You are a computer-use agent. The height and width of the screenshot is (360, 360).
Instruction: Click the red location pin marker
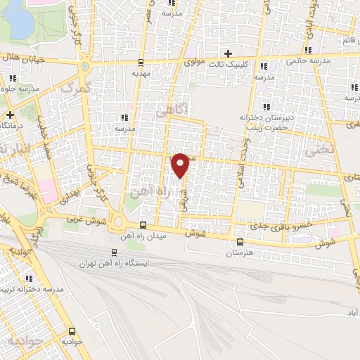pyautogui.click(x=180, y=165)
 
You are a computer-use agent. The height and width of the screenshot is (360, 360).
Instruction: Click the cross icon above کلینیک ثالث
pyautogui.click(x=227, y=54)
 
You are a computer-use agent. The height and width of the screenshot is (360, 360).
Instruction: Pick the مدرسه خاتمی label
pyautogui.click(x=308, y=60)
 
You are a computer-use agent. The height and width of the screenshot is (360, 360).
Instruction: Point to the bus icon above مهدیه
pyautogui.click(x=141, y=62)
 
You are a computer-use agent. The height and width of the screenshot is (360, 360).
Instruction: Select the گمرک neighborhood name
pyautogui.click(x=76, y=88)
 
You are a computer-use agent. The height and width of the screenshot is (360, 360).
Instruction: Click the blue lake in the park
pyautogui.click(x=20, y=21)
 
